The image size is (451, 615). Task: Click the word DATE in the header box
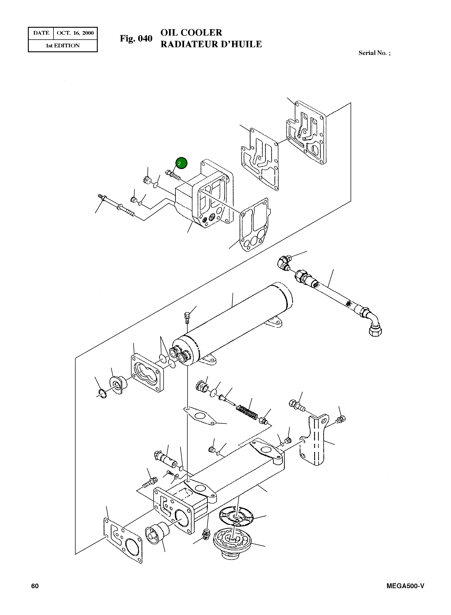41,33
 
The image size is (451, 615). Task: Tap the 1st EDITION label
63,46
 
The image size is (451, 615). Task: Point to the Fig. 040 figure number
136,38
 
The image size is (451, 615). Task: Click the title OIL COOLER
191,33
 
